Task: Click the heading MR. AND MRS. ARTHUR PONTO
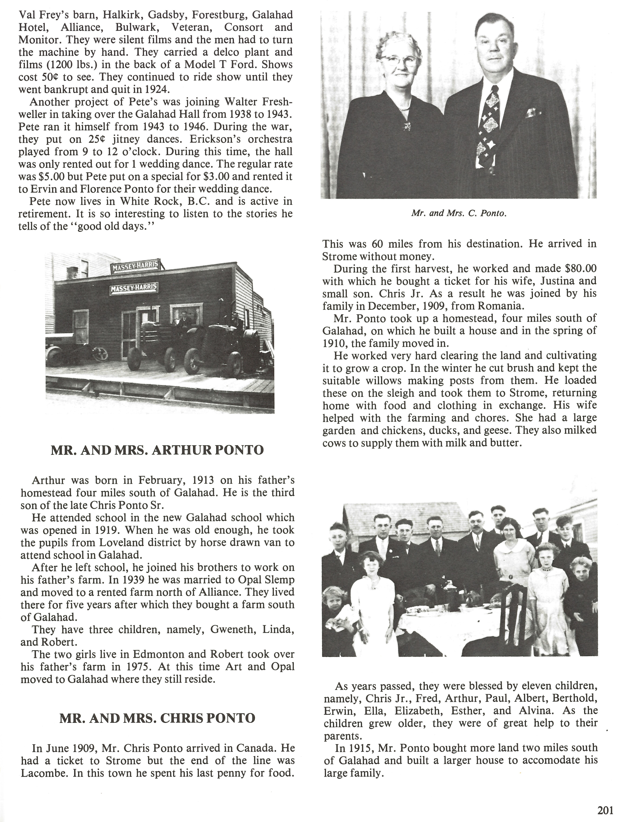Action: [157, 450]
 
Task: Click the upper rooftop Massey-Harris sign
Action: [136, 266]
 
